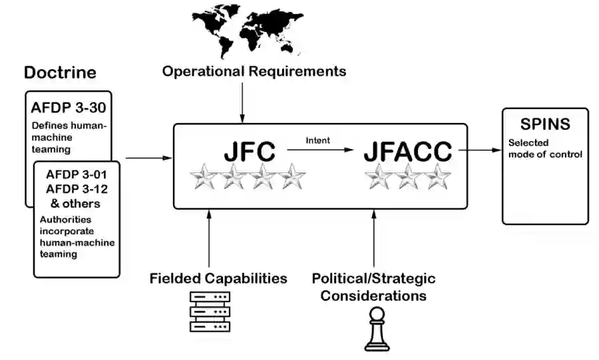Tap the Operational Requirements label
[x=254, y=71]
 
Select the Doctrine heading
[x=60, y=73]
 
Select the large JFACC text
[x=407, y=152]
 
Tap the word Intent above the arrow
[x=318, y=140]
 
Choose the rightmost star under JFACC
[x=438, y=177]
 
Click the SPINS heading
[x=545, y=124]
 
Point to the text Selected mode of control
[x=545, y=148]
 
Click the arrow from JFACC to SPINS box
[x=479, y=150]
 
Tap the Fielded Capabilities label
[x=218, y=278]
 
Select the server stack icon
[x=210, y=311]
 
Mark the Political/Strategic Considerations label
[x=374, y=286]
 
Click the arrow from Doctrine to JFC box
[x=148, y=158]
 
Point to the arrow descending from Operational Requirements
[x=242, y=100]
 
